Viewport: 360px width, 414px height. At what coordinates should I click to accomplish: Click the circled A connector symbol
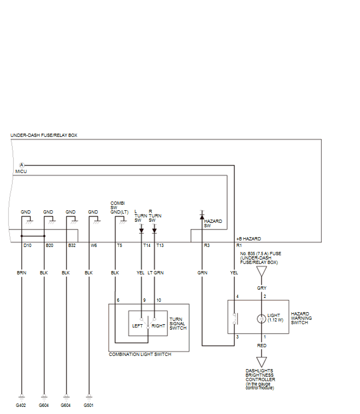tap(22, 165)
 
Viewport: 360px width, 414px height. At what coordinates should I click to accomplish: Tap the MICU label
tap(21, 171)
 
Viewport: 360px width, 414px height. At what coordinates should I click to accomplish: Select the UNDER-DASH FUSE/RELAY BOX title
tap(44, 135)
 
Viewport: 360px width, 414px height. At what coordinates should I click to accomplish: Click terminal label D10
tap(27, 245)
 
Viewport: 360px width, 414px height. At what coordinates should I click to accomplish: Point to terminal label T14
tap(147, 245)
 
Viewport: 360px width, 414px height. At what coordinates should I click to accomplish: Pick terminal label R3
tap(207, 245)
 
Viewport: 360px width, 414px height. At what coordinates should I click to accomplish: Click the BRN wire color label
tap(22, 273)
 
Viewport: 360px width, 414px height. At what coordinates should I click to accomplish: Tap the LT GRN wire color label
tap(155, 273)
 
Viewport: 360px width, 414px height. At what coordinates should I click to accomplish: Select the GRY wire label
tap(262, 288)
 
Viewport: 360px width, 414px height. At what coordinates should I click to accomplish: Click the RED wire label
tap(262, 346)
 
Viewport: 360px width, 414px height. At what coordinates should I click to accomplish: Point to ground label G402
tap(21, 405)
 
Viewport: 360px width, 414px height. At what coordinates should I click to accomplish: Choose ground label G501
tap(89, 405)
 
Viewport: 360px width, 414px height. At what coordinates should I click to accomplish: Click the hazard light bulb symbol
tap(262, 319)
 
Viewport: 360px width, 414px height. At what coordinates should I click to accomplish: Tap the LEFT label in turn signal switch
tap(137, 326)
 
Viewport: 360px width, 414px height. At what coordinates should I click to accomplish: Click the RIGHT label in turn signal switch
tap(158, 326)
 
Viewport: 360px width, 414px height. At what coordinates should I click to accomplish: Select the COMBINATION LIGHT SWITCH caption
tap(140, 354)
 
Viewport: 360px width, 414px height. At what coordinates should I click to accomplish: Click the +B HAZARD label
tap(249, 239)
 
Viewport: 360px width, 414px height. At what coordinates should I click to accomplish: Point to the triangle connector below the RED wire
tap(262, 362)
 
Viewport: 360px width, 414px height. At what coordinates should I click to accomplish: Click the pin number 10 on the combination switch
tap(159, 300)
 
